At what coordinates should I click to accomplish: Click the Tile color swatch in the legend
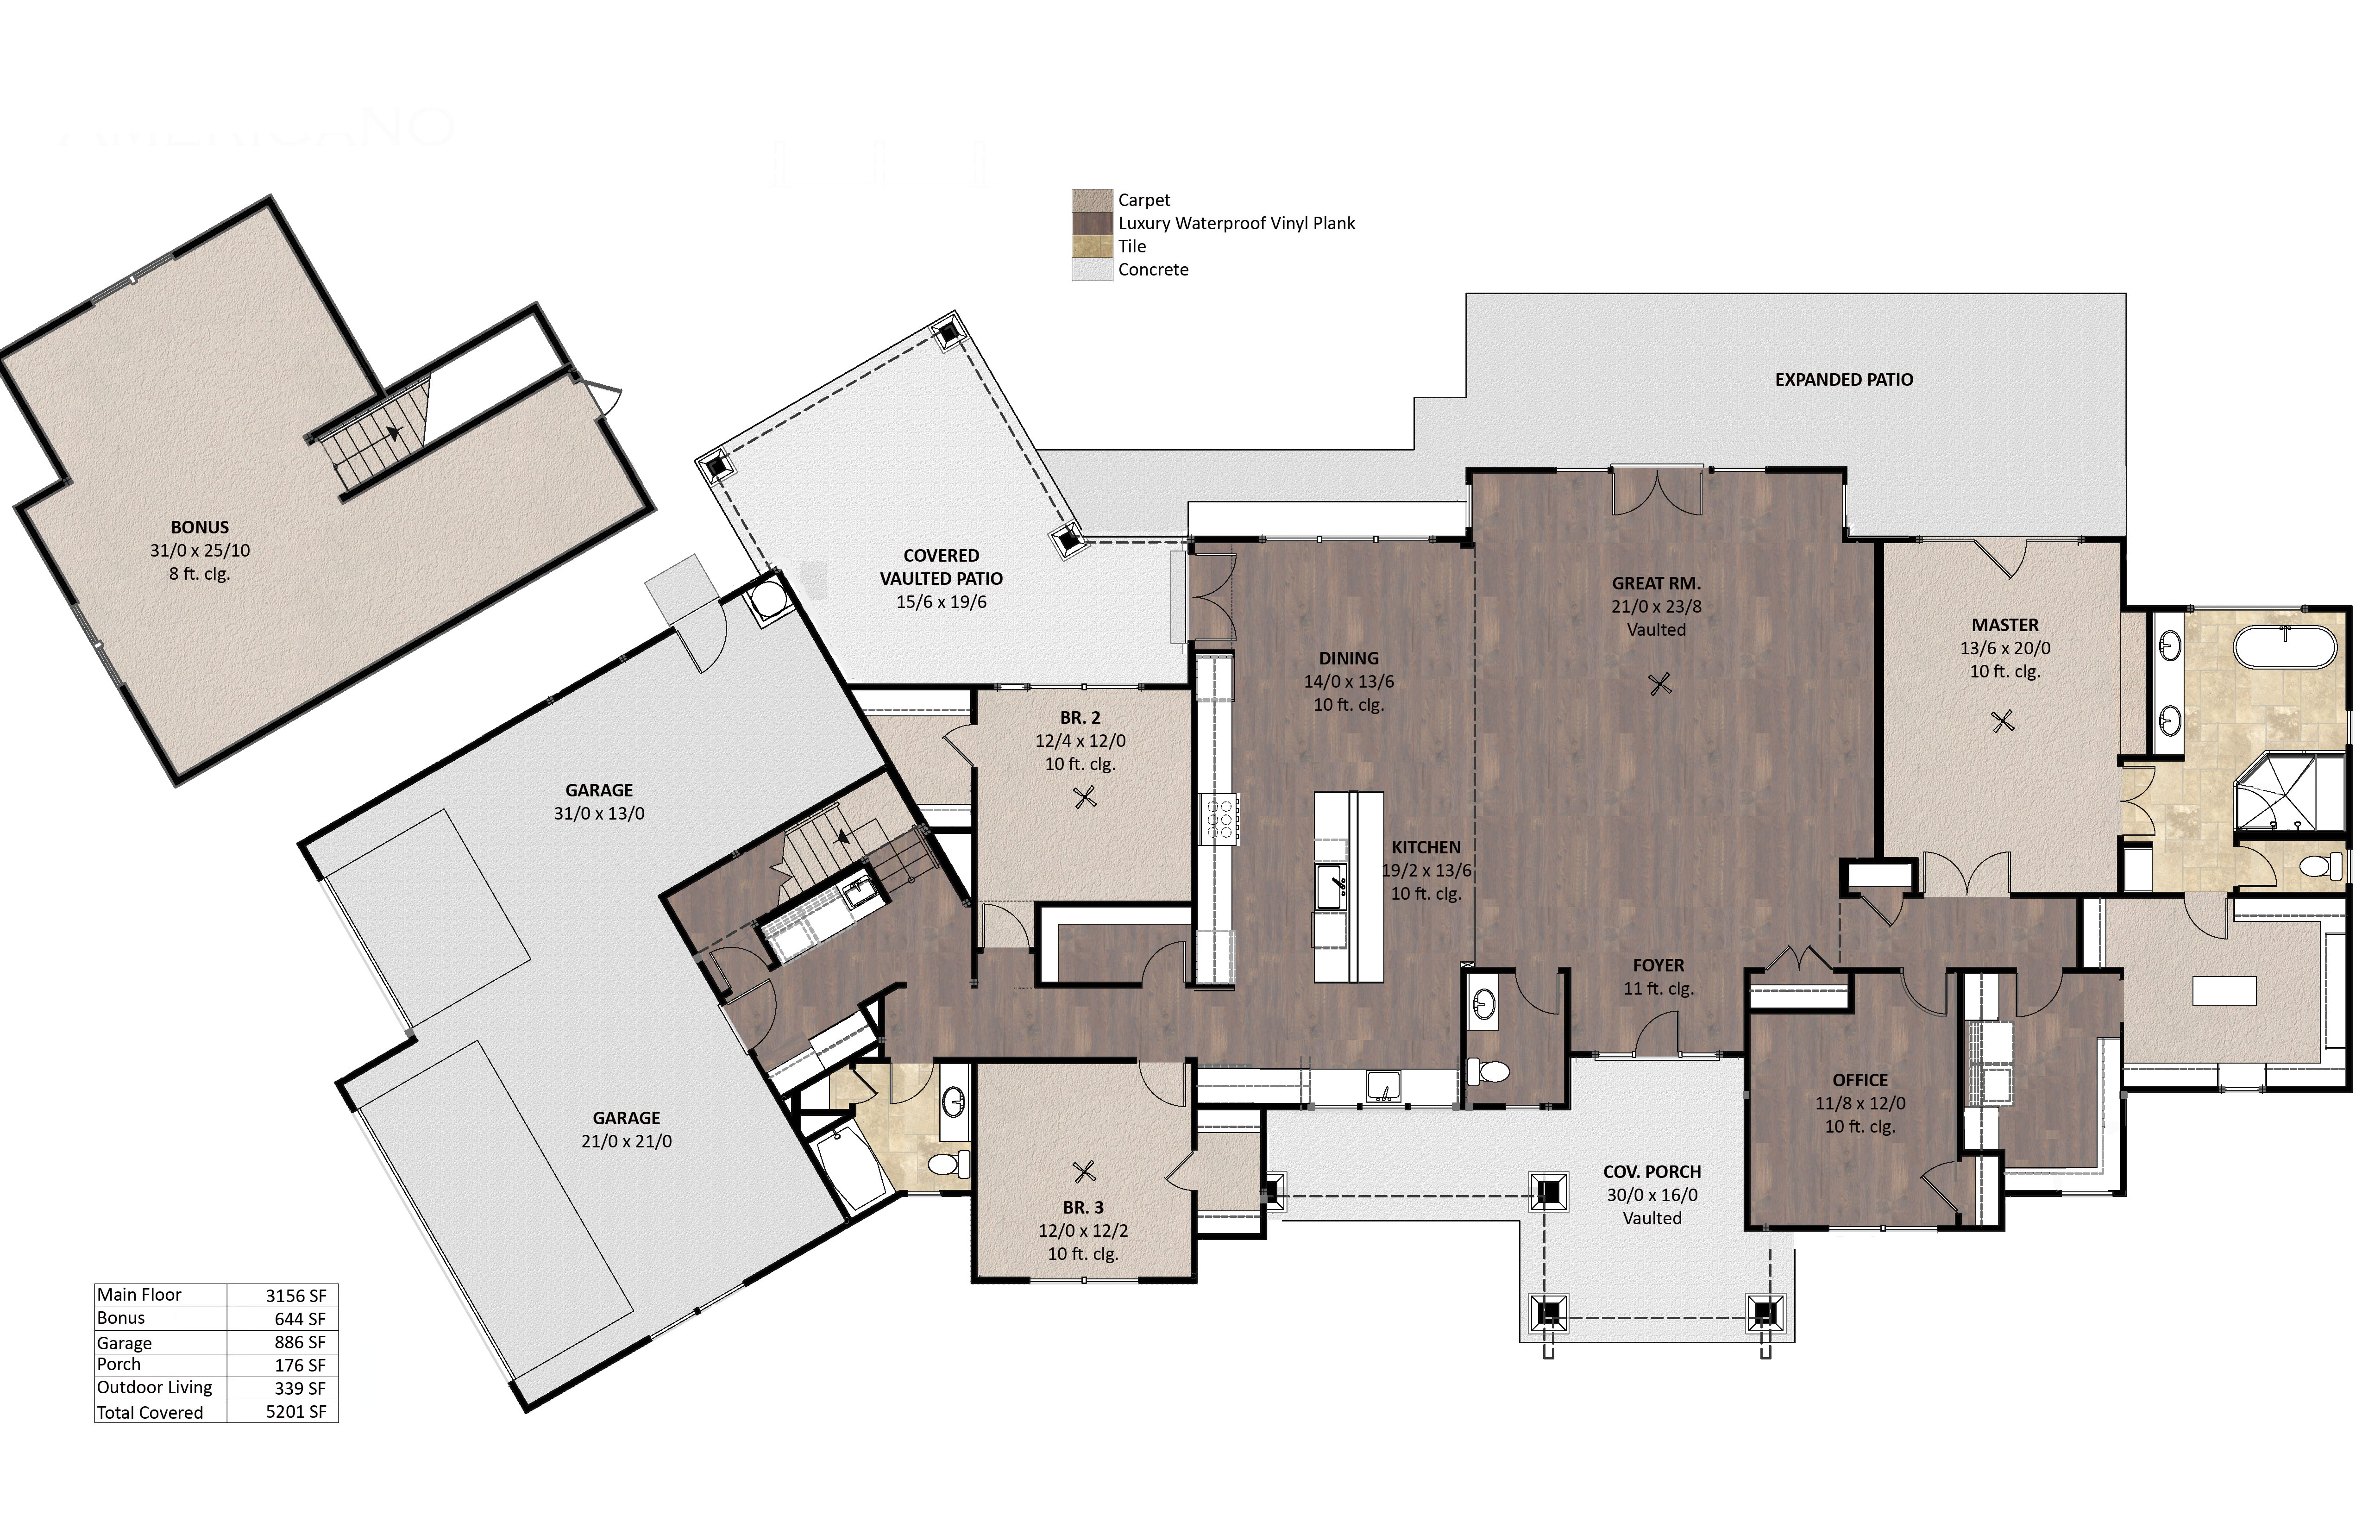(1092, 246)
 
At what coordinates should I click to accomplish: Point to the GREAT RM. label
(1655, 583)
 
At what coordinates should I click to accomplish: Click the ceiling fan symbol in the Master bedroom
(2003, 721)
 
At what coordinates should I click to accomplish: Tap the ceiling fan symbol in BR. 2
(1085, 796)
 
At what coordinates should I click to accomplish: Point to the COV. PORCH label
(1652, 1172)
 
